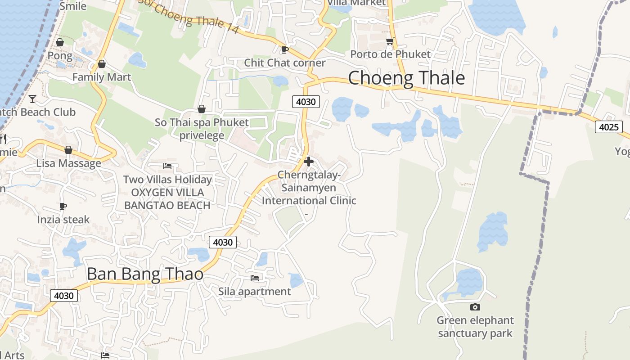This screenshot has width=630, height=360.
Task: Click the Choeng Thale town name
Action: [406, 78]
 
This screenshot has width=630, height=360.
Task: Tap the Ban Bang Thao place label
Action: [144, 274]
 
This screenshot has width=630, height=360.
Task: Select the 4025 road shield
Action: [609, 127]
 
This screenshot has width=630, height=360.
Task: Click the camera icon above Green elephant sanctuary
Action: [475, 307]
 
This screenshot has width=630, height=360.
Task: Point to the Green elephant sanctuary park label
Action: [475, 327]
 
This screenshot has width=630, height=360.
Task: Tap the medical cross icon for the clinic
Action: [309, 162]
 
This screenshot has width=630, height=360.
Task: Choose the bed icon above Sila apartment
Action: [255, 278]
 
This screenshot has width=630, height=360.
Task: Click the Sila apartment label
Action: [255, 291]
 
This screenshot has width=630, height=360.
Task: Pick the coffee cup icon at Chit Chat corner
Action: [284, 49]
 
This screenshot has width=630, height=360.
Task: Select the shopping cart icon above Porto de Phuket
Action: [390, 41]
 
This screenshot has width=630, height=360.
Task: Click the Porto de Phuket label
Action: [390, 54]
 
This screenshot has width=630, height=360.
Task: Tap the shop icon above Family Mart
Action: [102, 64]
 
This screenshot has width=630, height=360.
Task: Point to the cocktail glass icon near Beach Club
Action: [32, 99]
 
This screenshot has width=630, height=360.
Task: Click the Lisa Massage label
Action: [69, 163]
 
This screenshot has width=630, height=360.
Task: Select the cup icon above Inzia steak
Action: [63, 207]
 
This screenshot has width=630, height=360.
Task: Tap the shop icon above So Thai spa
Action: [202, 109]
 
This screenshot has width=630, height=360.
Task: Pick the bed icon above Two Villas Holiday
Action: [167, 166]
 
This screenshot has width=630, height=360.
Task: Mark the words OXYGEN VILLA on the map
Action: [167, 193]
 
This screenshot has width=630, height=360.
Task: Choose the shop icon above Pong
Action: [59, 42]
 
